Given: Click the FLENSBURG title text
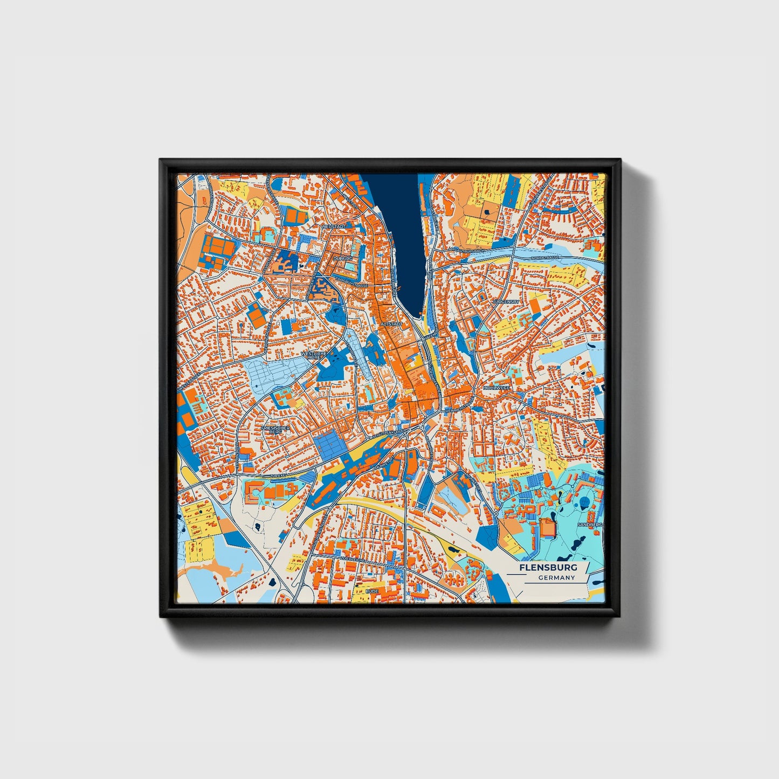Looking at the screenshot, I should tap(548, 568).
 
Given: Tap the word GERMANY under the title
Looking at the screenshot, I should tap(556, 577).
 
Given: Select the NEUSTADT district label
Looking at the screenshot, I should tap(333, 227).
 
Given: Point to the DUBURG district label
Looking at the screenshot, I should tap(342, 259).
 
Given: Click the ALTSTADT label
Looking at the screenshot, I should tap(391, 324).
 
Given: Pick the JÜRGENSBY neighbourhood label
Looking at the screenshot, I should tap(506, 302).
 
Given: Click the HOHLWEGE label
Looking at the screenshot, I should tap(496, 387).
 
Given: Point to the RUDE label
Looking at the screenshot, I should tap(372, 591).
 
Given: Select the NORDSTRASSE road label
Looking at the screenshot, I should tap(544, 258).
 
